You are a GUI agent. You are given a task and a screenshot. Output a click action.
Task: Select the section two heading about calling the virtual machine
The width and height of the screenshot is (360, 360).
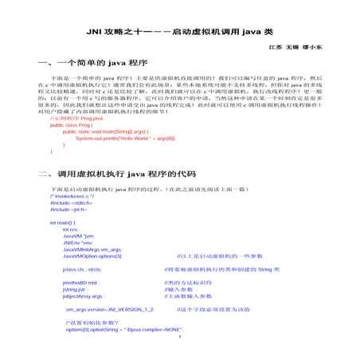(x=116, y=173)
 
